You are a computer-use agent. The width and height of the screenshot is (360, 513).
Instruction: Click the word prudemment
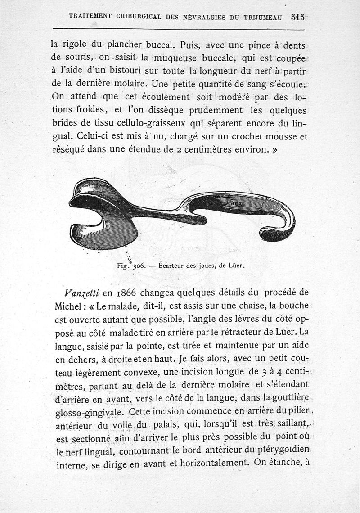pos(211,110)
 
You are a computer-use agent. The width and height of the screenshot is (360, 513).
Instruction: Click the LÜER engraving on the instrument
pos(234,203)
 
